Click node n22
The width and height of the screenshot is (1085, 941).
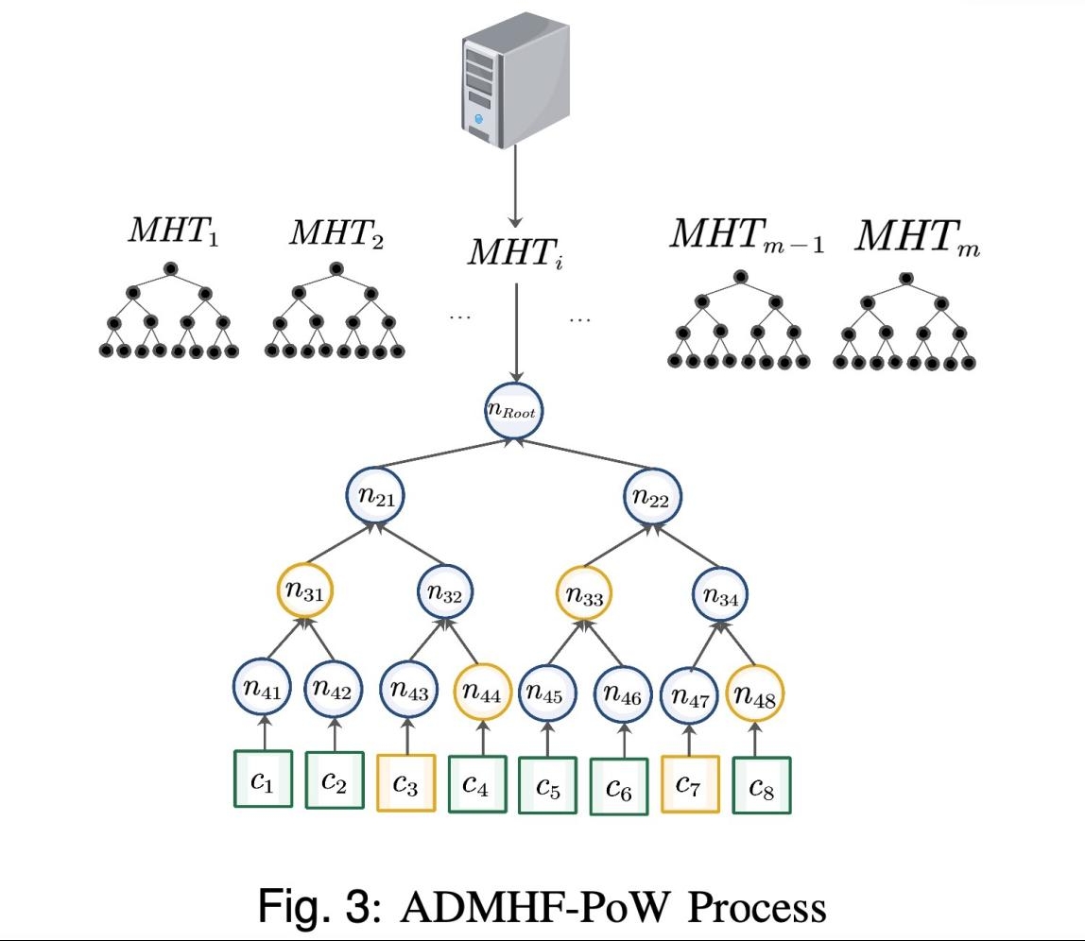point(653,498)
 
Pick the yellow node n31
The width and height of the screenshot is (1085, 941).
point(305,593)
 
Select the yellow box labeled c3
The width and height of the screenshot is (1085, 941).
point(405,782)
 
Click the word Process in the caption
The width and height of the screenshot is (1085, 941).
point(756,908)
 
